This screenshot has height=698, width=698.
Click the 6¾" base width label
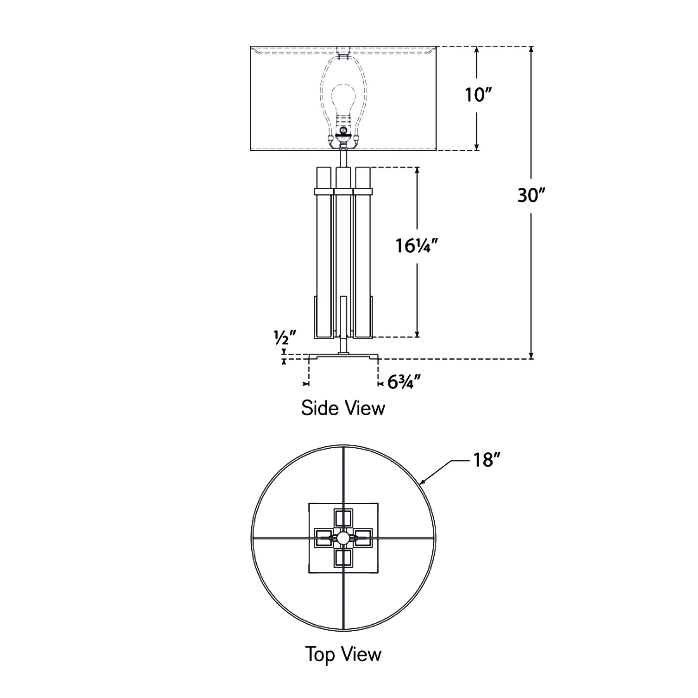point(404,383)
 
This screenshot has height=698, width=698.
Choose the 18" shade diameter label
point(485,460)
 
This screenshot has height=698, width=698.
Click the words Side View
point(343,408)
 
